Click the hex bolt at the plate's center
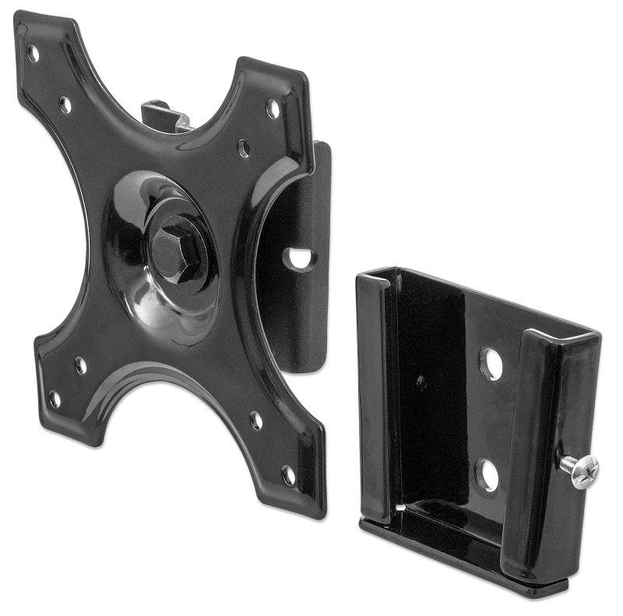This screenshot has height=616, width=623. pyautogui.click(x=173, y=247)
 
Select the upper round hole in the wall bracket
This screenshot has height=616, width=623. pyautogui.click(x=491, y=363)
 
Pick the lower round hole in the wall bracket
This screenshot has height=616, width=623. pyautogui.click(x=487, y=474)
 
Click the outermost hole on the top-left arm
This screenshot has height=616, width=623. pyautogui.click(x=33, y=54)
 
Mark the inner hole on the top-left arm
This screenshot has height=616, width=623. pyautogui.click(x=65, y=104)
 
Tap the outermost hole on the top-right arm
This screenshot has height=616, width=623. pyautogui.click(x=273, y=108)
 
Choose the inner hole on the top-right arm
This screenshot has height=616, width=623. pyautogui.click(x=244, y=148)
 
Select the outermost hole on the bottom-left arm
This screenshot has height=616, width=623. pyautogui.click(x=55, y=399)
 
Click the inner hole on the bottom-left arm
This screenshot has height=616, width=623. pyautogui.click(x=80, y=365)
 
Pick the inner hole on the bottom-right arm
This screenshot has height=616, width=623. pyautogui.click(x=255, y=421)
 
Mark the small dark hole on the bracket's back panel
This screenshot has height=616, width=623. pyautogui.click(x=421, y=383)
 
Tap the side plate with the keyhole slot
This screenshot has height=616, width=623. pyautogui.click(x=300, y=311)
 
